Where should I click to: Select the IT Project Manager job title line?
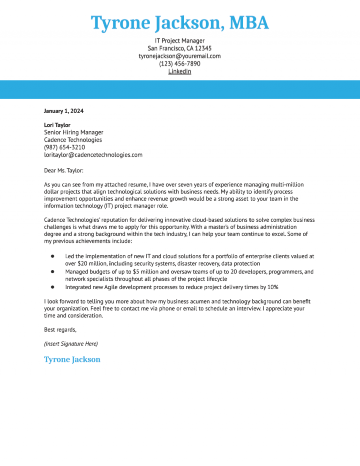click(180, 41)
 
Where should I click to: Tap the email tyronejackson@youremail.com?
click(180, 56)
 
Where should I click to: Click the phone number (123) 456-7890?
click(180, 64)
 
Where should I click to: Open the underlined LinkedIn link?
click(180, 71)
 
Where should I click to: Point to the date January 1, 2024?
click(64, 111)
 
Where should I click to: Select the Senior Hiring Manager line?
click(74, 132)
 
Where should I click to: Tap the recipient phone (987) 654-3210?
click(65, 147)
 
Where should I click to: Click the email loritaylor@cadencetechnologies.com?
click(93, 155)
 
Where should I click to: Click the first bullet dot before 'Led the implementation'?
click(53, 256)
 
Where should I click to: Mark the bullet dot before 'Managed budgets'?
click(53, 271)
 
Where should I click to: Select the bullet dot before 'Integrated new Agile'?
click(53, 286)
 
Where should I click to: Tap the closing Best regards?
click(60, 330)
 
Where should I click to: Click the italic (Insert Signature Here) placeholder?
click(71, 344)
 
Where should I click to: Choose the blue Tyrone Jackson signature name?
click(72, 360)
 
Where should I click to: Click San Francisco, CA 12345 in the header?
click(180, 48)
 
